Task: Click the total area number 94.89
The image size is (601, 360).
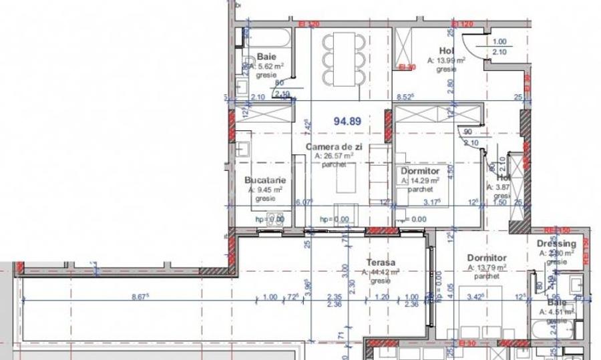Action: click(347, 121)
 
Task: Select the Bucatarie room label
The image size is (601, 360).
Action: click(265, 180)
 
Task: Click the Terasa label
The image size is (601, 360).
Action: click(381, 263)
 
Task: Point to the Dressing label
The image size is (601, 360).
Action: click(556, 244)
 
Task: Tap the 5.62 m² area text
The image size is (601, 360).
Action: click(272, 67)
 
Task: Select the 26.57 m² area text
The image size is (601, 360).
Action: click(333, 156)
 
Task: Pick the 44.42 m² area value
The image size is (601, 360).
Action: click(381, 273)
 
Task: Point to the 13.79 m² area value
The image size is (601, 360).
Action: click(488, 267)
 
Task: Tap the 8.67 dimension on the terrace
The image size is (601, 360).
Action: click(140, 297)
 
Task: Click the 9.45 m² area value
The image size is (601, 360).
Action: click(266, 190)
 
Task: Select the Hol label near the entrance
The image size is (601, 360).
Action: click(446, 50)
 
